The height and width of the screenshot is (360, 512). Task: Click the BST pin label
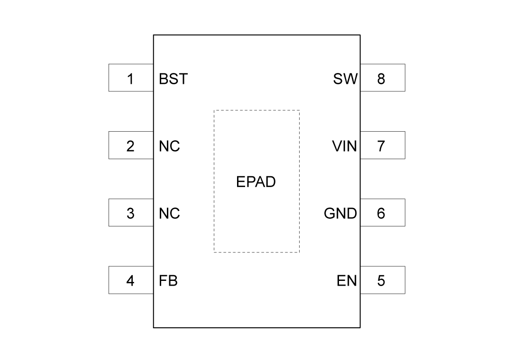click(173, 79)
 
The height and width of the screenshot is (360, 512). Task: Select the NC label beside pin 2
click(169, 146)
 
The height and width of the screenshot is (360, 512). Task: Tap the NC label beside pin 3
click(169, 214)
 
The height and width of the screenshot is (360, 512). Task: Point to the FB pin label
click(168, 281)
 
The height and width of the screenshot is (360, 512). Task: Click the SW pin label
click(345, 79)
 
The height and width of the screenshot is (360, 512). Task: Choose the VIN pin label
click(344, 146)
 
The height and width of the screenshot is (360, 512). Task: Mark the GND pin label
click(340, 214)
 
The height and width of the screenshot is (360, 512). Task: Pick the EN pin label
click(347, 281)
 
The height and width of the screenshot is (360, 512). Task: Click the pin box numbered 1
click(131, 78)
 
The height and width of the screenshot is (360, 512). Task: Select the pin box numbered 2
click(131, 145)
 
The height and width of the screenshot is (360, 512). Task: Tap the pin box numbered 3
click(131, 213)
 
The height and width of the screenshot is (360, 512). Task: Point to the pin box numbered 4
click(131, 280)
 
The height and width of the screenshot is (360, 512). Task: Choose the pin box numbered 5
click(383, 280)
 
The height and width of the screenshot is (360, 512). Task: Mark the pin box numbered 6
click(383, 213)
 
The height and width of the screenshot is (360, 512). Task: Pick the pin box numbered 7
click(383, 145)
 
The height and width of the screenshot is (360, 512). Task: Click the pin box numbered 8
click(383, 78)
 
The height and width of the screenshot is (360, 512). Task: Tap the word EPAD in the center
click(256, 182)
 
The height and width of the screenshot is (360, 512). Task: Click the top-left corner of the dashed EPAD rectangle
click(214, 110)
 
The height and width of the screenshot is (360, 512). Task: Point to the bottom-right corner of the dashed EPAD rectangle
click(299, 252)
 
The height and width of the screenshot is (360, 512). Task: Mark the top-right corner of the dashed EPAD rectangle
click(299, 110)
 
